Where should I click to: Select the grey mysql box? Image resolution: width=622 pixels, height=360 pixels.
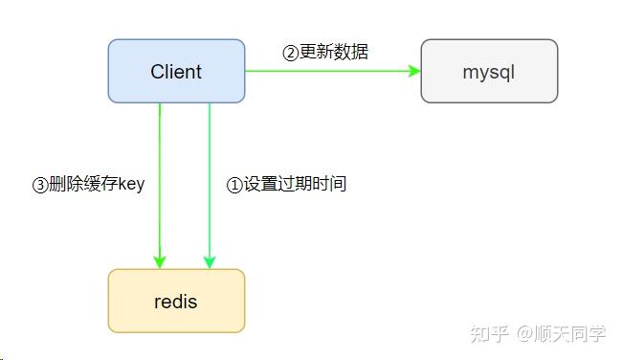tap(489, 71)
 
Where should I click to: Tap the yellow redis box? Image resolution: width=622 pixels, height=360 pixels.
tap(176, 301)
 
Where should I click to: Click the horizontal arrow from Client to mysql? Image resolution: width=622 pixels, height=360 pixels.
tap(325, 71)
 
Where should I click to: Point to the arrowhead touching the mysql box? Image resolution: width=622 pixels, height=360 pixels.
tap(415, 71)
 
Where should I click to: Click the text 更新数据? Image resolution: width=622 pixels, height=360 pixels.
tap(334, 52)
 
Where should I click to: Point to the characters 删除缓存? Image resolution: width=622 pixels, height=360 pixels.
tap(80, 184)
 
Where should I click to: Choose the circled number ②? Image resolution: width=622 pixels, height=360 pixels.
tap(290, 53)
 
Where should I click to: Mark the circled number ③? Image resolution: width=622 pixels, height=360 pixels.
tap(40, 185)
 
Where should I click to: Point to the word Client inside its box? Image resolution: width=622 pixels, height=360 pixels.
tap(176, 71)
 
